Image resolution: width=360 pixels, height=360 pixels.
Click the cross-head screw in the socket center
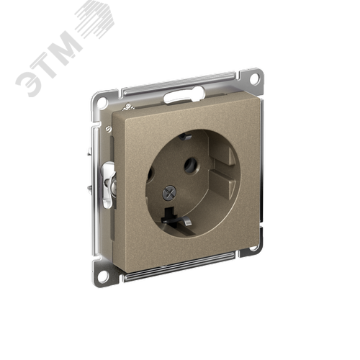169,193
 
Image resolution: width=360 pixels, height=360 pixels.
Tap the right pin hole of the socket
191,165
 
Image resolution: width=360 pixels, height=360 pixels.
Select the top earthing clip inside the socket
185,137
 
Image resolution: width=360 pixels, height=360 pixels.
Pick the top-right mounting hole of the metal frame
254,78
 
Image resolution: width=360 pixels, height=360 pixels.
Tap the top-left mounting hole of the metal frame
102,102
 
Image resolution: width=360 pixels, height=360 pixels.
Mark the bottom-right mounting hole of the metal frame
253,247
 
